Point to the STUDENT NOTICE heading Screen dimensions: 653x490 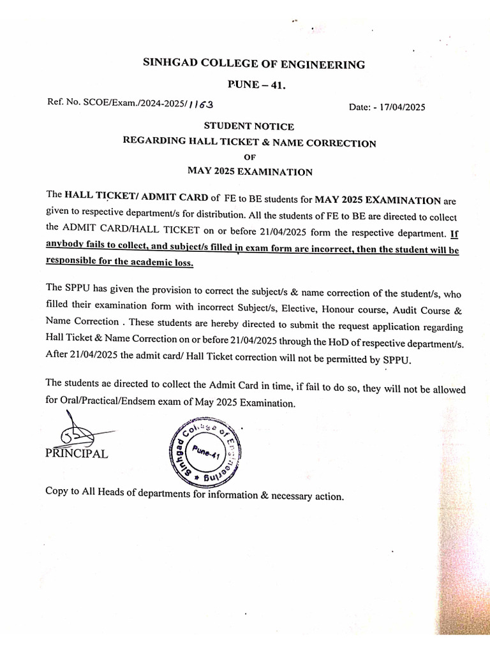click(249, 127)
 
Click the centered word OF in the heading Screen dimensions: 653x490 click(249, 157)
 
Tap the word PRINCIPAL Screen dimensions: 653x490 click(77, 454)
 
